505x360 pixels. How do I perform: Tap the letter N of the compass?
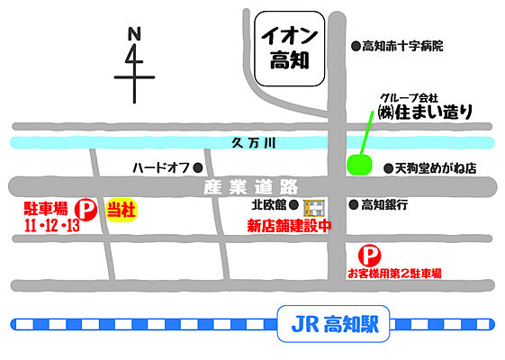point(135,34)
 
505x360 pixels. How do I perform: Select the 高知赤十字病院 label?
point(402,45)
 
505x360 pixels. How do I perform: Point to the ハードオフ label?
point(161,167)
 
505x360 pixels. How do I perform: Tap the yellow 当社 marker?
point(122,209)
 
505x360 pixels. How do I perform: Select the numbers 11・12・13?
point(52,225)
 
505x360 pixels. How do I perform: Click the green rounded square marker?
point(359,165)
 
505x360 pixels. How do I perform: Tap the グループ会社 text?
point(409,96)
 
